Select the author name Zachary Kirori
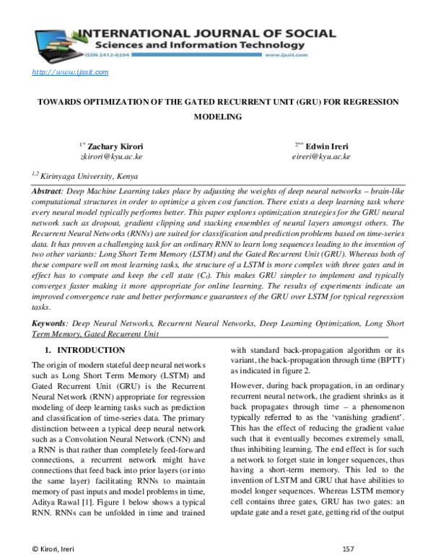(113, 146)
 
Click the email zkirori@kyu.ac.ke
(110, 156)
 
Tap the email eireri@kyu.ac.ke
(321, 156)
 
